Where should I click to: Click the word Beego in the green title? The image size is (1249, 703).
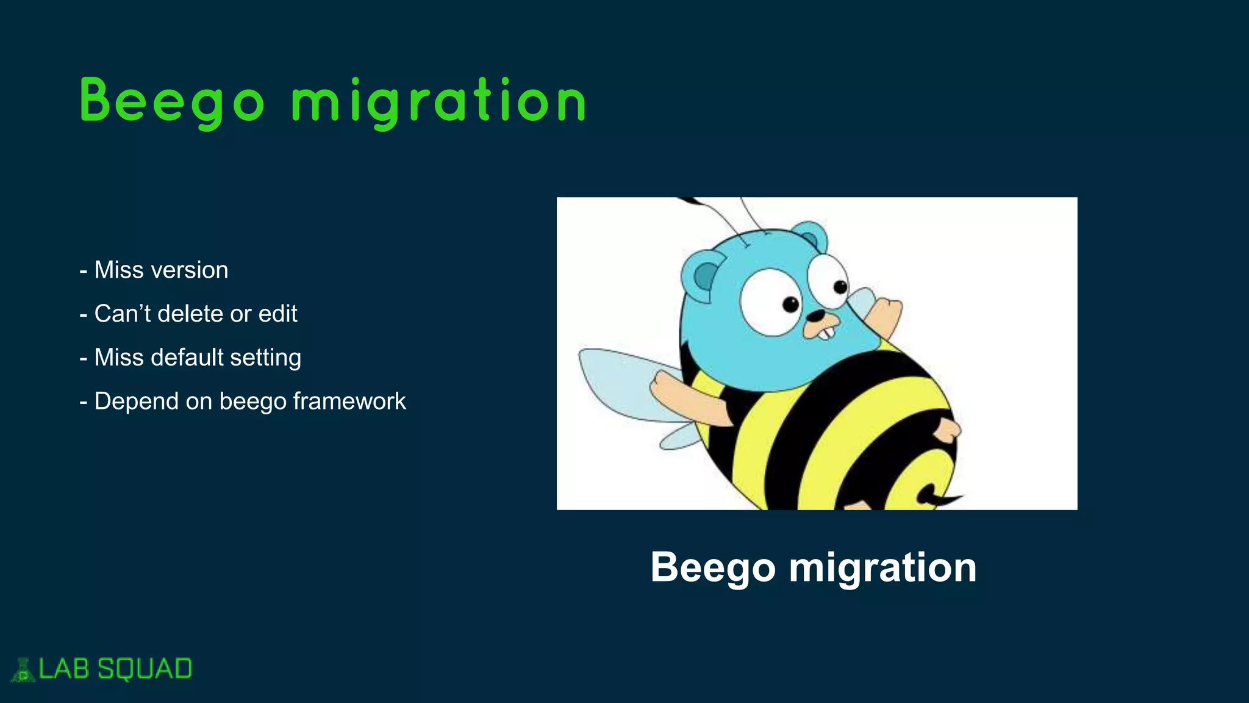(172, 101)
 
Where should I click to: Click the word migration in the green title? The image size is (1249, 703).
(438, 101)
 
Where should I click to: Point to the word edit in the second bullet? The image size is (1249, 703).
(277, 314)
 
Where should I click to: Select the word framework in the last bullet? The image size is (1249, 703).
(349, 402)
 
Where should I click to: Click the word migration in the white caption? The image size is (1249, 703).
(882, 568)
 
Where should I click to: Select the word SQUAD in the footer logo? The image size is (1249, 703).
(145, 669)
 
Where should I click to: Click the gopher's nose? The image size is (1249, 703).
(815, 316)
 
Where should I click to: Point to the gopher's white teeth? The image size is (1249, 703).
(825, 334)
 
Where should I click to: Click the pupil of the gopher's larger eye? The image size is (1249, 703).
(790, 304)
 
